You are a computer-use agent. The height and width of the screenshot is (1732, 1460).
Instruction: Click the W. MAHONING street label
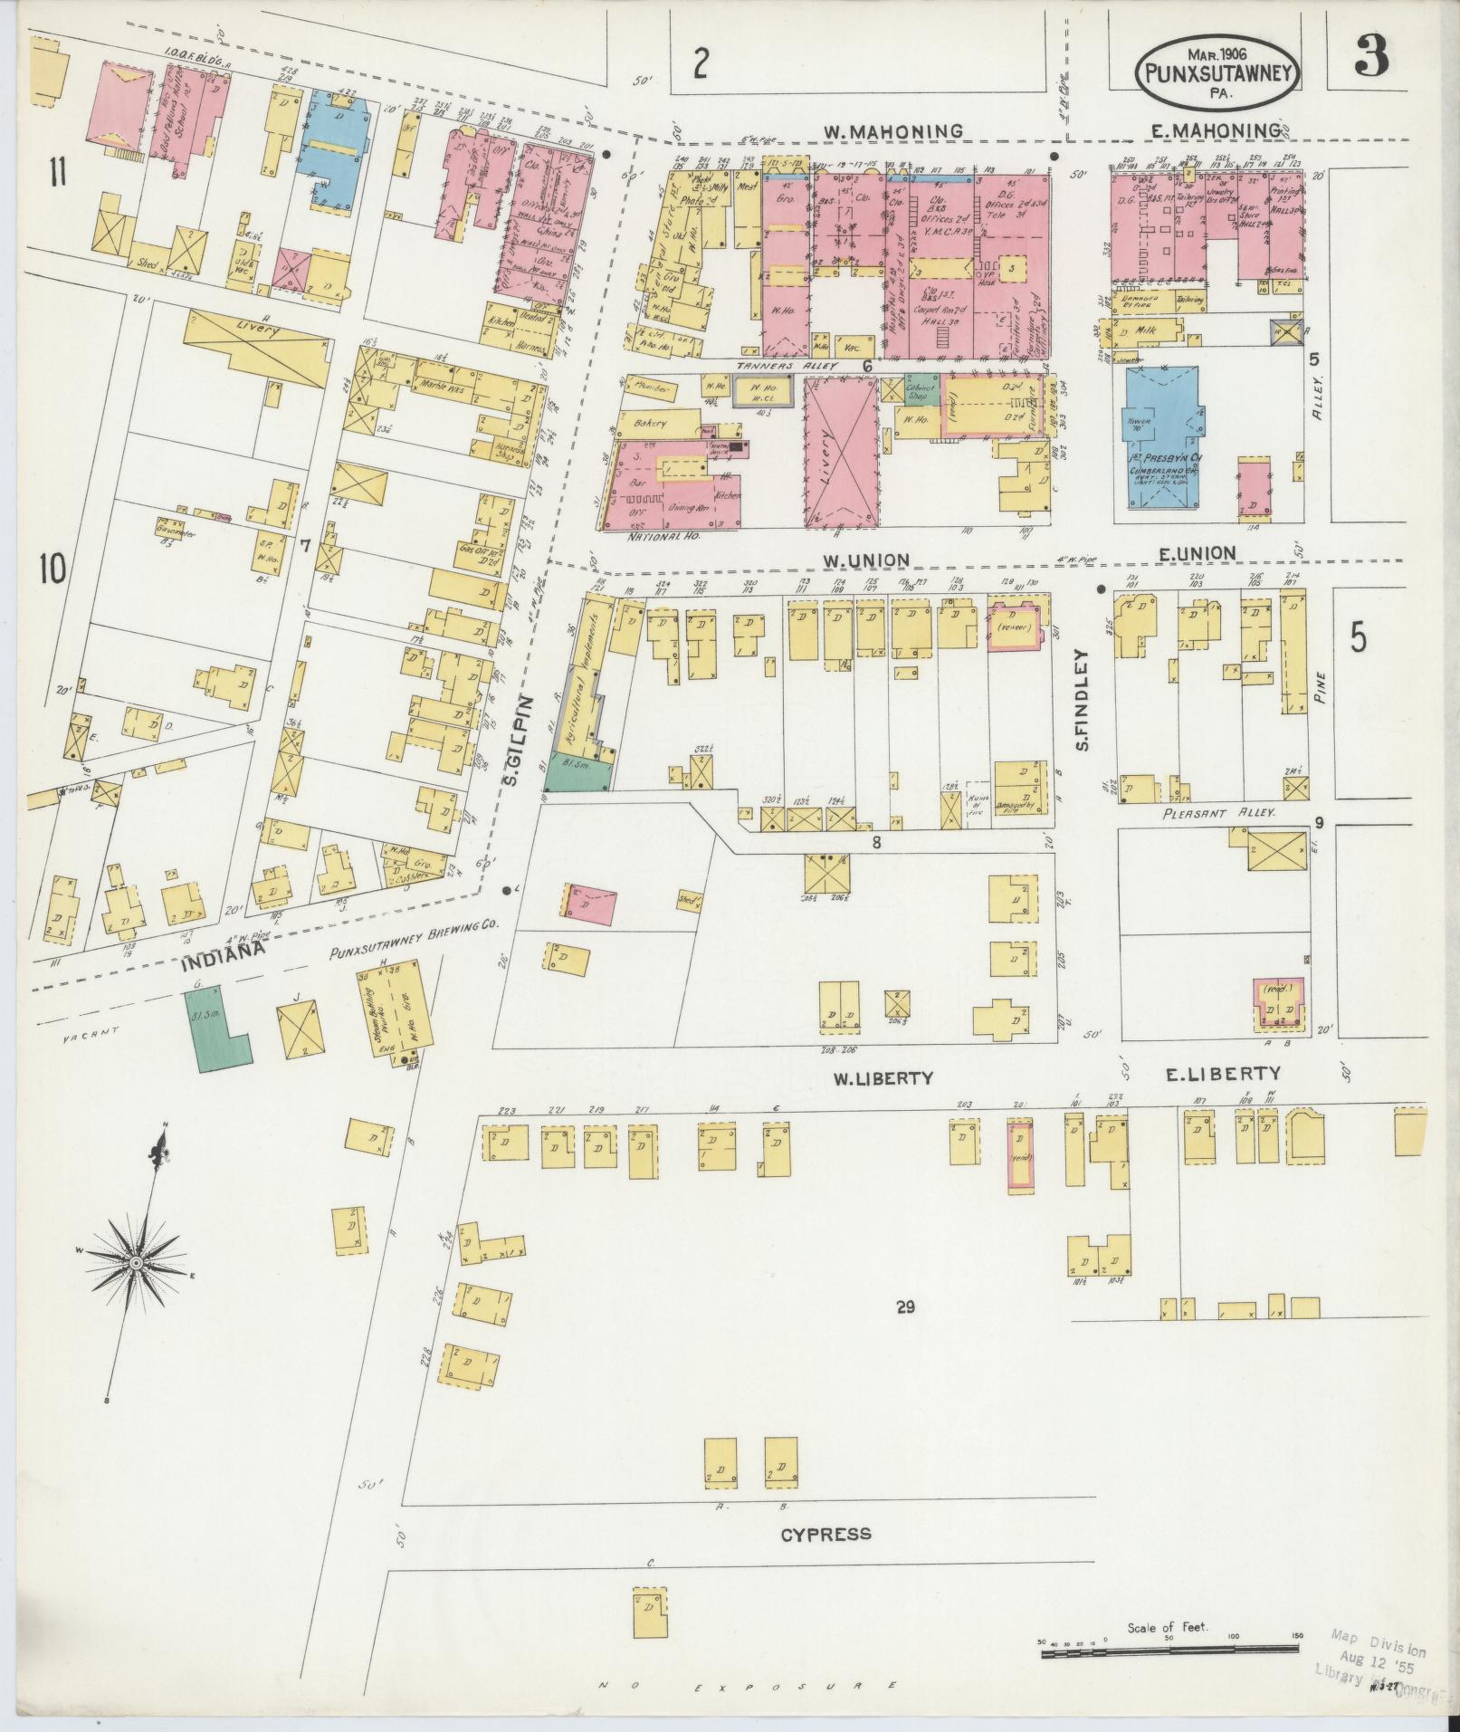(x=892, y=131)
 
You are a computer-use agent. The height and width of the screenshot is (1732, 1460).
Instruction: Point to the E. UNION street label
(x=1200, y=553)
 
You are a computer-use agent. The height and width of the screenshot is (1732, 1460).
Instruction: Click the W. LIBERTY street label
(x=883, y=1077)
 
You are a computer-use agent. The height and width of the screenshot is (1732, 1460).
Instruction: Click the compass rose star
(x=135, y=1261)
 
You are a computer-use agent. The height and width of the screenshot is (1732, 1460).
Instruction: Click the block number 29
(x=906, y=1306)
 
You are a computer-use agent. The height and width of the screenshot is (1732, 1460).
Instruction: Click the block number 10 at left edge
(x=52, y=569)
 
